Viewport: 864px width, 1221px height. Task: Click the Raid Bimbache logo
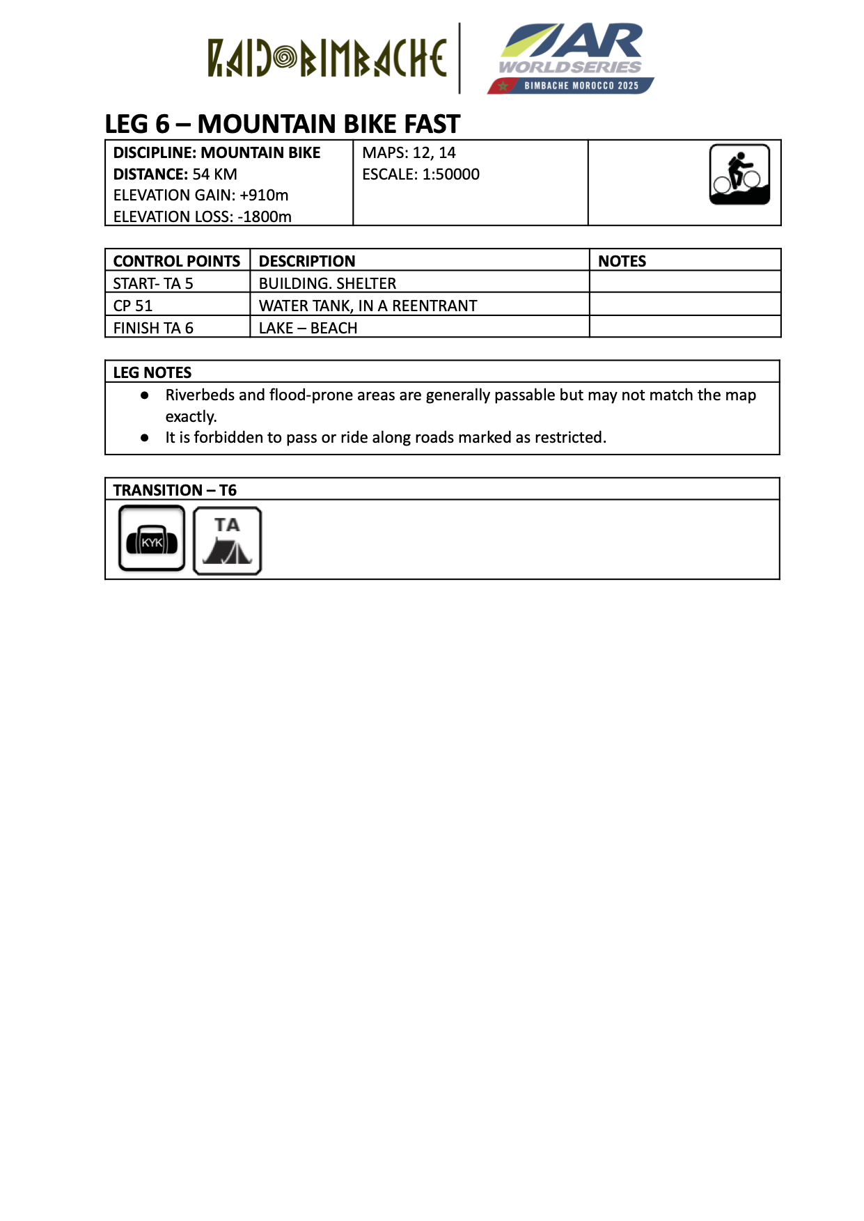click(x=327, y=58)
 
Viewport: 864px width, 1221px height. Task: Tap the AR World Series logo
click(x=571, y=58)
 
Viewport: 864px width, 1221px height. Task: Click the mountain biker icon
click(x=739, y=175)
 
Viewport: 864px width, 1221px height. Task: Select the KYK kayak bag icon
click(x=152, y=539)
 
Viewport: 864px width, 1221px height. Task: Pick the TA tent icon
click(x=227, y=541)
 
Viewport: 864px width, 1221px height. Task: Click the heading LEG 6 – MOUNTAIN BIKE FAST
click(x=282, y=124)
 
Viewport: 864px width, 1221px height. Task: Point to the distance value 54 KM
click(x=215, y=174)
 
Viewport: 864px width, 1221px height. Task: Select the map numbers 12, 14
click(x=434, y=152)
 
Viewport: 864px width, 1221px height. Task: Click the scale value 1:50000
click(x=450, y=174)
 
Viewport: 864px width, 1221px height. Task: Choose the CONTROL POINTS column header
click(x=176, y=261)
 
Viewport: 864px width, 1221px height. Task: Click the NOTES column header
click(x=622, y=261)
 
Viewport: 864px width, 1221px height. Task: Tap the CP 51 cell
click(x=133, y=306)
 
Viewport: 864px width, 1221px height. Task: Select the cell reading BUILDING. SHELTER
click(x=327, y=283)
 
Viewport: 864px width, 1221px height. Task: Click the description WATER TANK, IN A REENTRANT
click(x=368, y=306)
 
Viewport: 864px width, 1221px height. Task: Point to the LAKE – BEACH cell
click(x=308, y=328)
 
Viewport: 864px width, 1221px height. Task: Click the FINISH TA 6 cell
click(x=153, y=328)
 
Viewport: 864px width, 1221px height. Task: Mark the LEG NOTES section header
click(x=152, y=372)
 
